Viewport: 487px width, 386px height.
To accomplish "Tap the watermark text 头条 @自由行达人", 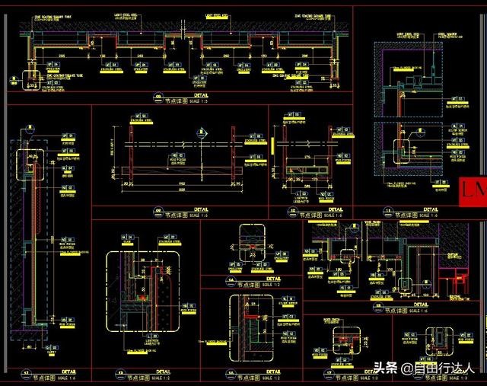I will [x=423, y=368].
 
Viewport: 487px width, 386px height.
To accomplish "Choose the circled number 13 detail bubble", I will [x=120, y=373].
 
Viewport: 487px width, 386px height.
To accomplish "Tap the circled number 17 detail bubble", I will [x=329, y=373].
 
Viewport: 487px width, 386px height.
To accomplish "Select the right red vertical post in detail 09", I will [x=233, y=156].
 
